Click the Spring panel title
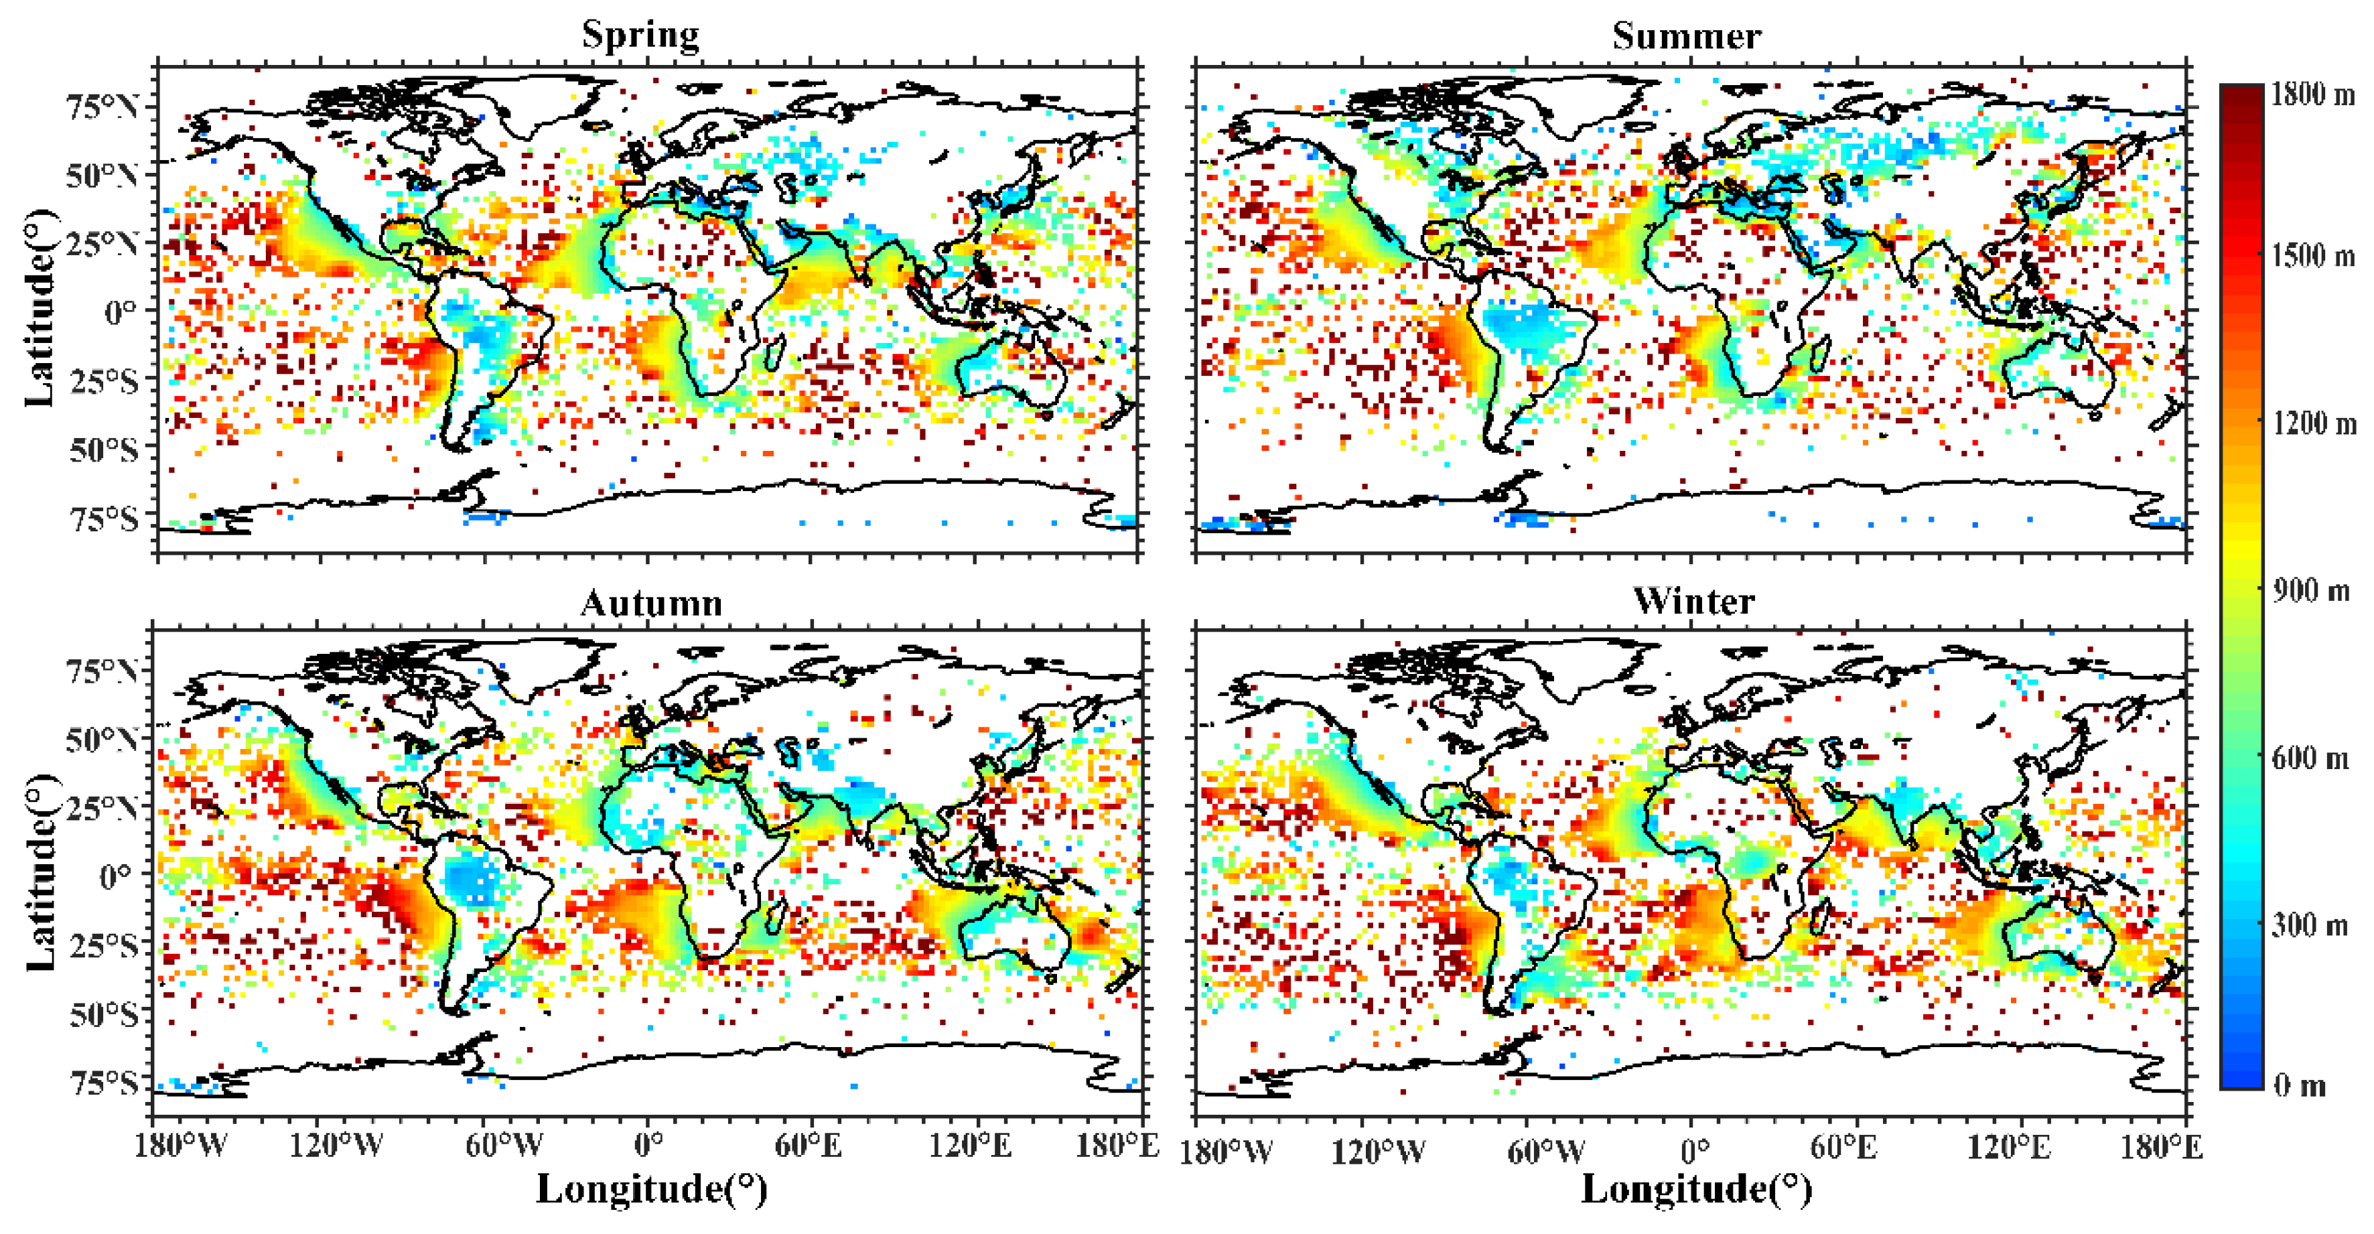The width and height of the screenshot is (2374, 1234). point(640,35)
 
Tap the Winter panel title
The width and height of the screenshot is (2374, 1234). point(1694,601)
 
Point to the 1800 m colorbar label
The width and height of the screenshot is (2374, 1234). point(2310,94)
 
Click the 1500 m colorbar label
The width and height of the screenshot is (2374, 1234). point(2310,255)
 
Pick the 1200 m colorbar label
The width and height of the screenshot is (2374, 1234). point(2310,423)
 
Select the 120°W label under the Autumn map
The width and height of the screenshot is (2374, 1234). point(336,1146)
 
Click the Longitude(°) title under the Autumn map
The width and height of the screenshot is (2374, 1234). point(652,1189)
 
